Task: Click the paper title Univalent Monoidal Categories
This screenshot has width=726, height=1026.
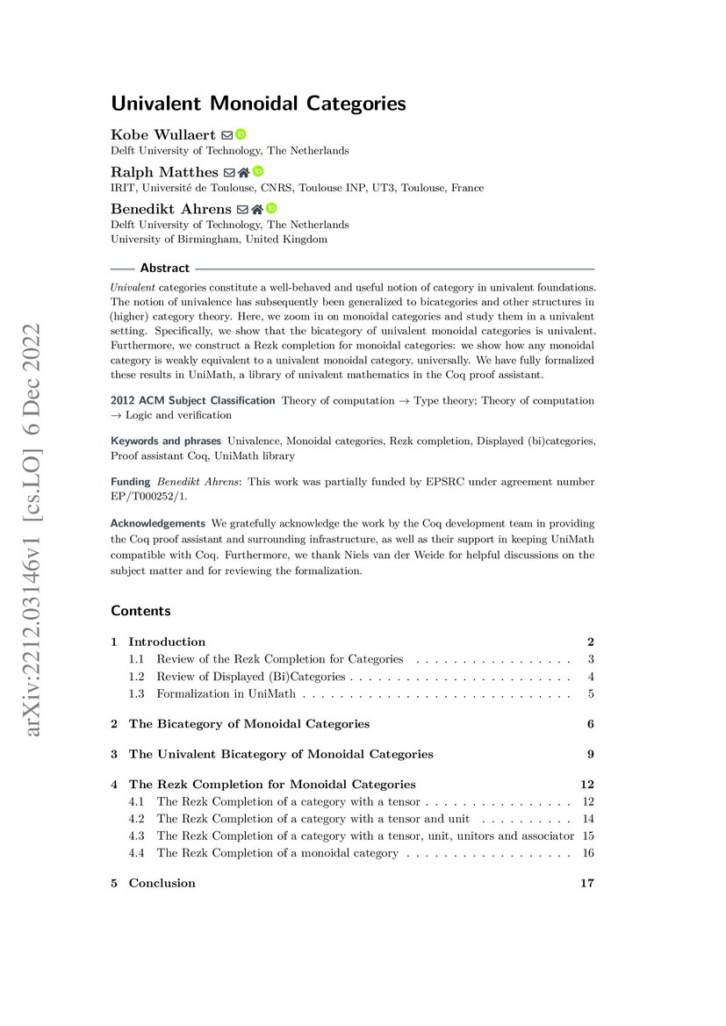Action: click(258, 104)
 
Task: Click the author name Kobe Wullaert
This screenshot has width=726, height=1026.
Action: click(163, 134)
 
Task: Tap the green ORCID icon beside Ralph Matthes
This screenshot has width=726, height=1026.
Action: click(258, 172)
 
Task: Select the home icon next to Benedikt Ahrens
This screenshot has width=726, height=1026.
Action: click(257, 209)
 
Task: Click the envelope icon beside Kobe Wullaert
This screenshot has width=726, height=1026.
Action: click(226, 135)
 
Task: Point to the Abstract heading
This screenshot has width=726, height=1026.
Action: click(164, 269)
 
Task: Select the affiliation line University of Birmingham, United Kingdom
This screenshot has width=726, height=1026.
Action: click(219, 240)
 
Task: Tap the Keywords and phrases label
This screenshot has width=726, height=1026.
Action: click(166, 440)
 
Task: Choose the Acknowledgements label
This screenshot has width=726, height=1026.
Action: click(158, 523)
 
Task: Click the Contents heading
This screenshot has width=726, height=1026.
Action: click(140, 611)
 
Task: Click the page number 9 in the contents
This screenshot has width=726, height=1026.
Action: click(591, 754)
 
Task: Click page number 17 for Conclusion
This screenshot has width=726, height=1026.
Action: click(587, 883)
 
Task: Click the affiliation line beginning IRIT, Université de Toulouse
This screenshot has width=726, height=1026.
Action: click(297, 188)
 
